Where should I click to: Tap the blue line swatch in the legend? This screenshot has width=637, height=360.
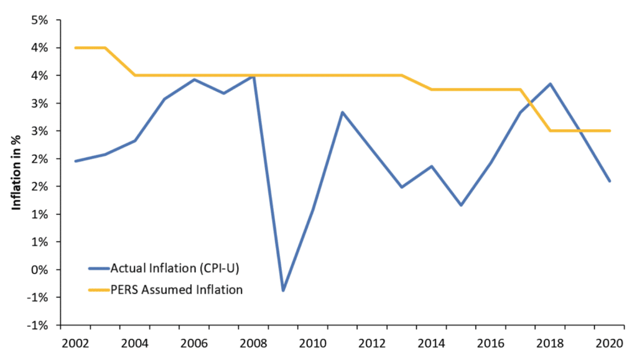(x=98, y=269)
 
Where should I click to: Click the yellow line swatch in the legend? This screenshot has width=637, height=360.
(x=98, y=289)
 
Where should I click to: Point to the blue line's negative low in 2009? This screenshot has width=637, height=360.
(x=283, y=290)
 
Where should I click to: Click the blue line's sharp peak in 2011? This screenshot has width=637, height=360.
(x=343, y=112)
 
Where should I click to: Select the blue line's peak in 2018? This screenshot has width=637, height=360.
(x=551, y=84)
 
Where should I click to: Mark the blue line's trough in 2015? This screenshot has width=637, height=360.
(x=461, y=205)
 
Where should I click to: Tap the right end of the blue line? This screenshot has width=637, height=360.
(x=610, y=181)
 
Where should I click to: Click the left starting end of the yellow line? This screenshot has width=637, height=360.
(x=75, y=48)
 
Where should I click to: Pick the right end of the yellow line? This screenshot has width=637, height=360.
(x=610, y=131)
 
